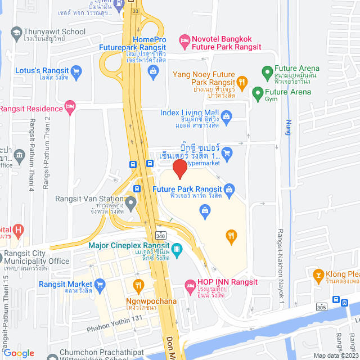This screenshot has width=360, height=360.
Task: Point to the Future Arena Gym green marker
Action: tap(258, 92)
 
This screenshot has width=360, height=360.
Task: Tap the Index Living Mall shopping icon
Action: tap(226, 118)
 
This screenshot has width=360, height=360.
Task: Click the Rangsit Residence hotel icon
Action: tap(70, 106)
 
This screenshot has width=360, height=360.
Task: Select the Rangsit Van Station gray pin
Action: tap(132, 203)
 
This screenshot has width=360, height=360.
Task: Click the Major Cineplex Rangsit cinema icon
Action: tap(177, 248)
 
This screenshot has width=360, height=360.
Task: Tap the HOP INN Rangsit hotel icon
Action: tap(190, 286)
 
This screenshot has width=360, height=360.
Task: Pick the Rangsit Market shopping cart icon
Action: tap(100, 284)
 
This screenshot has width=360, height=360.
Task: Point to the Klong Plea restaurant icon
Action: tap(317, 275)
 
